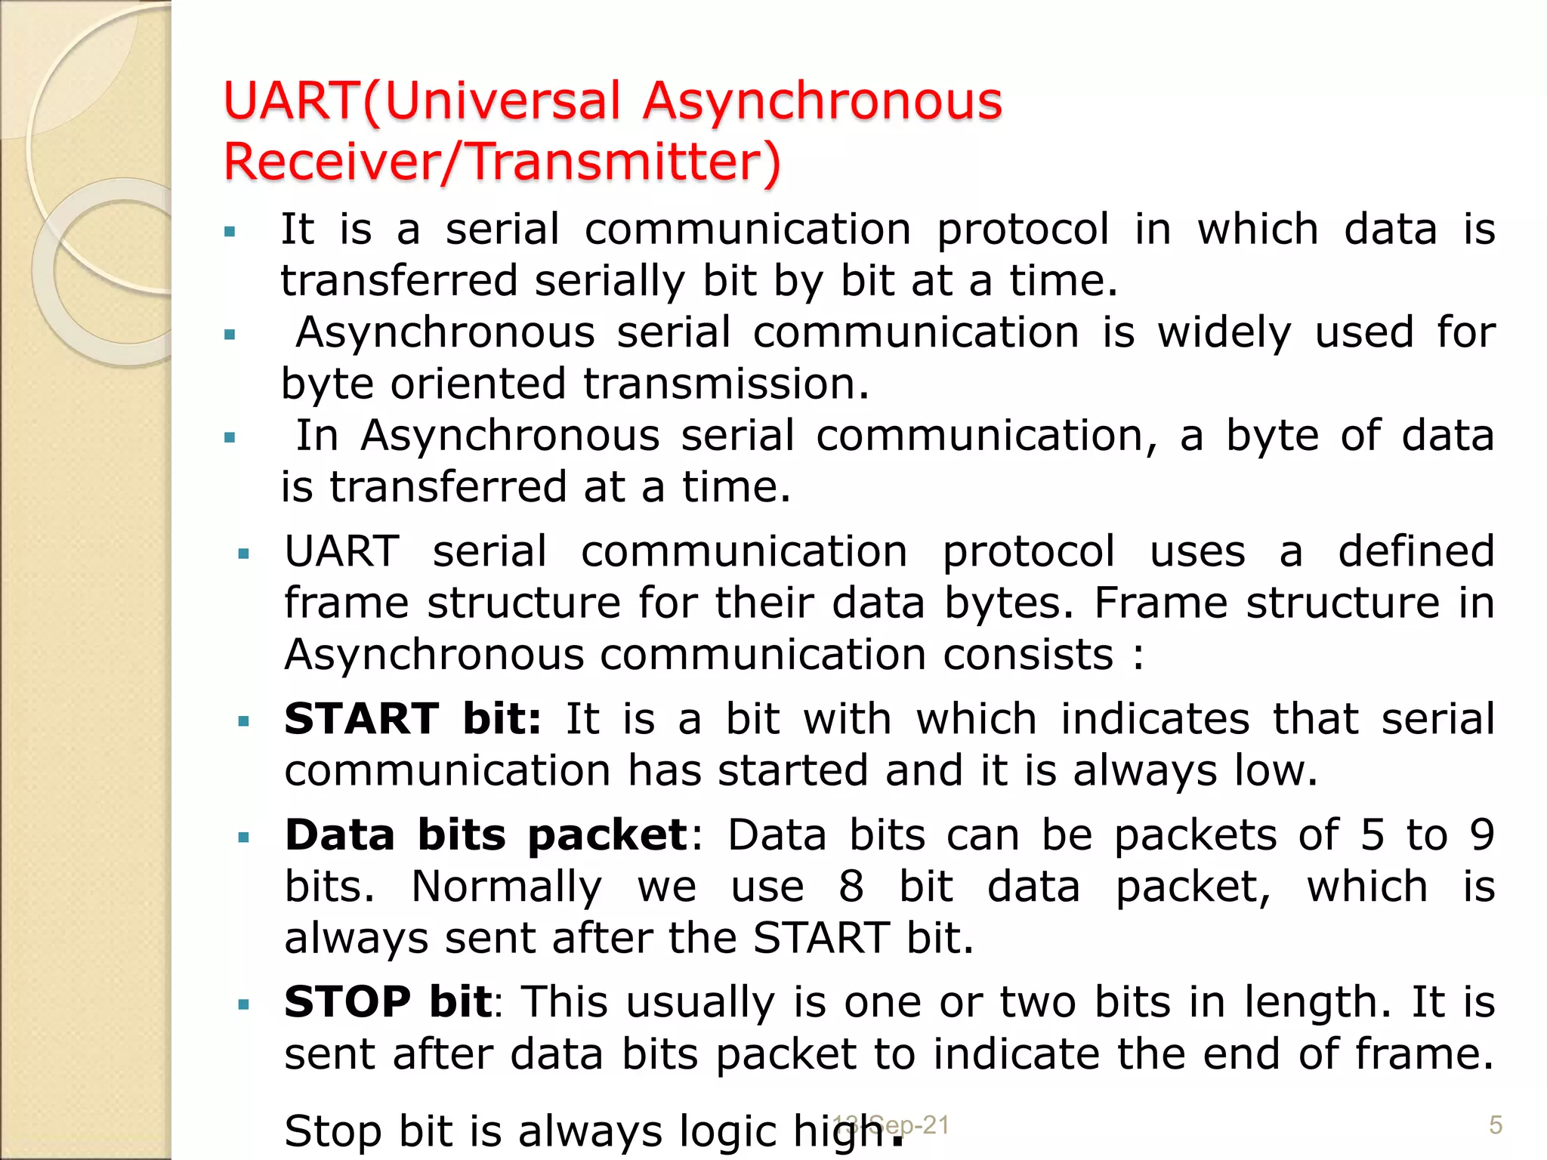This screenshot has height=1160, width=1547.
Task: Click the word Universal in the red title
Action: pos(502,101)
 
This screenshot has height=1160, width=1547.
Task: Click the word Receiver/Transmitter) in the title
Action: pos(502,162)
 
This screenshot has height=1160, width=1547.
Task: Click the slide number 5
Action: pos(1495,1125)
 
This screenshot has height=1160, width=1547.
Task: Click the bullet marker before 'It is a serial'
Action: pos(230,231)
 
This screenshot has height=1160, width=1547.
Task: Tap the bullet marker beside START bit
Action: pos(243,722)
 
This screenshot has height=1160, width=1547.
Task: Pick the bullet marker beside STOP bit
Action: pos(243,1006)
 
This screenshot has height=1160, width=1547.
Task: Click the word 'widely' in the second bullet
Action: pos(1224,333)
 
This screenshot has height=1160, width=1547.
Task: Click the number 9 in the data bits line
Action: pos(1482,835)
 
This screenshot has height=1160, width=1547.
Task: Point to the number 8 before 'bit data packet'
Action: pos(851,887)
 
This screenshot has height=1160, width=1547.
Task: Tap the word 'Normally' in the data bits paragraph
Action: pos(507,887)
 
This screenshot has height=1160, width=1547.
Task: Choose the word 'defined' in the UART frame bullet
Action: pos(1416,551)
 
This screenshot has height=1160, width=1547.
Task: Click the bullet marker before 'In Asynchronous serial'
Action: pos(230,437)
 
